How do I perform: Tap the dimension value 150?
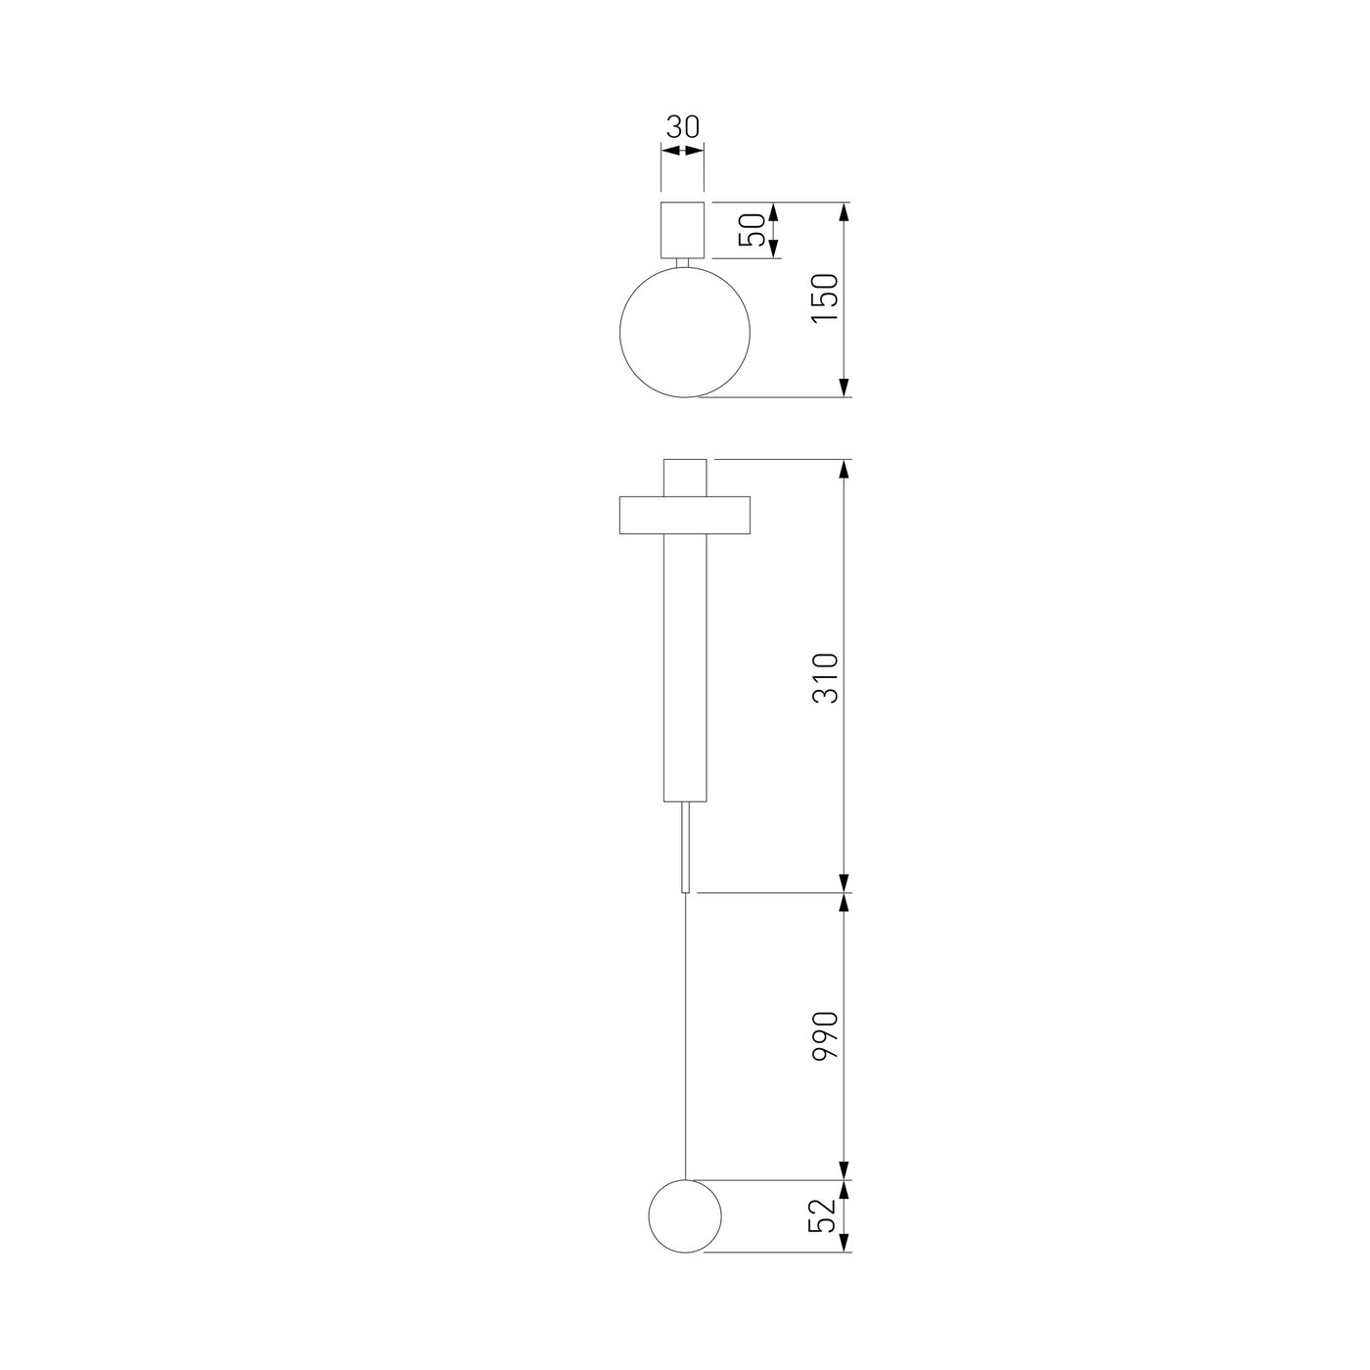[825, 297]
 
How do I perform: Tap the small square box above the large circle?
[682, 230]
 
